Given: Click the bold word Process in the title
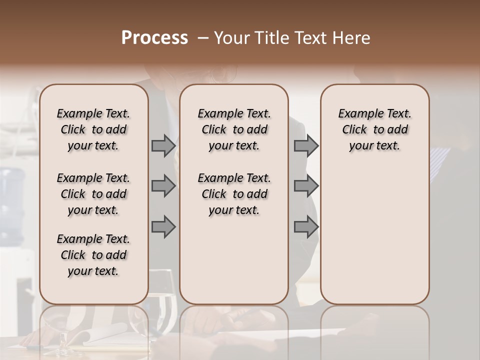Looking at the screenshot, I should (x=154, y=38).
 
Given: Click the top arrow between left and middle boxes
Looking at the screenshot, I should (x=163, y=145).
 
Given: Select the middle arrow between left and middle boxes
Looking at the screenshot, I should (x=163, y=186).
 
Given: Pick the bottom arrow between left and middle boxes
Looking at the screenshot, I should (x=163, y=227).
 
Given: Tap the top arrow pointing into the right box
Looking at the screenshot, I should (x=306, y=145).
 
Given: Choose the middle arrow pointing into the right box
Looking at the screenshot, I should (x=306, y=186).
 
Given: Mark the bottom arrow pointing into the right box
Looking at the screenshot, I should (x=306, y=227).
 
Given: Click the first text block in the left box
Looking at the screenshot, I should (x=93, y=129).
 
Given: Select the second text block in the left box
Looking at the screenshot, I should (x=93, y=194).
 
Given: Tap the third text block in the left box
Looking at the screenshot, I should (x=93, y=255).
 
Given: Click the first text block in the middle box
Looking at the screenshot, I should (x=234, y=129).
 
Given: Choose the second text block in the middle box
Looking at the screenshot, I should (x=234, y=194).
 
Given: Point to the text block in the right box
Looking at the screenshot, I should (x=374, y=129).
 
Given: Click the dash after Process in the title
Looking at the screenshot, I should (x=203, y=38).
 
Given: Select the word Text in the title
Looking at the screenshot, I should (x=309, y=38).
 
